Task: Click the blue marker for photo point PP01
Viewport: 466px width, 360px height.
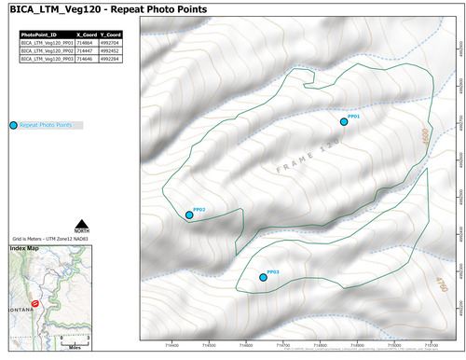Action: [x=344, y=122]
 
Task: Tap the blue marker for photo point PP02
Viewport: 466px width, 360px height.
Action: [x=189, y=215]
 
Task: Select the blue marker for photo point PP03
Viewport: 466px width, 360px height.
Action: [x=263, y=277]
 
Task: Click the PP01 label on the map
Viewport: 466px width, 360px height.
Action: [x=353, y=116]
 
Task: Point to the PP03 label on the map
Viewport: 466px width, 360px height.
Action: [x=273, y=271]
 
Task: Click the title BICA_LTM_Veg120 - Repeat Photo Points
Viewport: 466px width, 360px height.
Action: [x=108, y=9]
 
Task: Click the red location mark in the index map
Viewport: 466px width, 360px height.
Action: [x=35, y=303]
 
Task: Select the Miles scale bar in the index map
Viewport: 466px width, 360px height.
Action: [x=74, y=338]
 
